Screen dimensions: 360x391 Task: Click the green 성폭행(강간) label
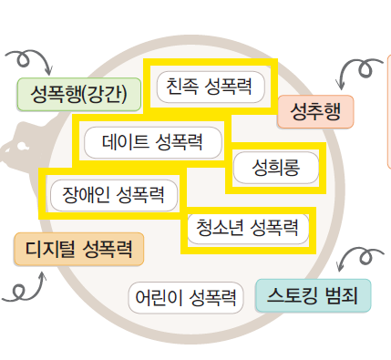[x=79, y=93]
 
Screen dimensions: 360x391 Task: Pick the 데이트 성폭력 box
[x=152, y=142]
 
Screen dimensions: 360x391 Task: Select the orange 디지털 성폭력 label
[x=78, y=248]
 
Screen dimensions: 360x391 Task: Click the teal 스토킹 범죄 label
[x=314, y=295]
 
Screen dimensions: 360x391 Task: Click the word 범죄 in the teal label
[x=342, y=295]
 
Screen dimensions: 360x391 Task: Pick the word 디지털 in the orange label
[x=51, y=248]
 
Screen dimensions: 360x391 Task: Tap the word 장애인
[x=84, y=193]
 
